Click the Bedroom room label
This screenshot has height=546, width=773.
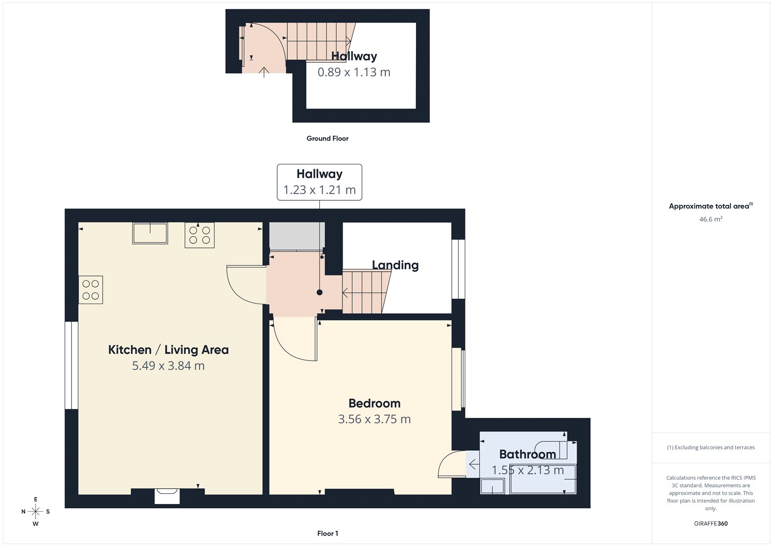pyautogui.click(x=374, y=403)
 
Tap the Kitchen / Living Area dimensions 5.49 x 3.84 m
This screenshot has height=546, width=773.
pyautogui.click(x=168, y=366)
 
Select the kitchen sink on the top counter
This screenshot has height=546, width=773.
pyautogui.click(x=150, y=233)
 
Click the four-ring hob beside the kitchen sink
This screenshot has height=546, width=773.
pyautogui.click(x=200, y=235)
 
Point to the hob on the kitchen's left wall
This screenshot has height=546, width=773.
pyautogui.click(x=91, y=290)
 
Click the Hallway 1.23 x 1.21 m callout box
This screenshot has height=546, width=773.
pyautogui.click(x=319, y=182)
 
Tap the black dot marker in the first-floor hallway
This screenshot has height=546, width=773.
pyautogui.click(x=319, y=292)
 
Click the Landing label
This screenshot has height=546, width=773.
pyautogui.click(x=395, y=265)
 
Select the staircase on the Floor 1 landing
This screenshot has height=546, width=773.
pyautogui.click(x=365, y=292)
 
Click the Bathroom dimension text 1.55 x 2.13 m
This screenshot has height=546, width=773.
pyautogui.click(x=528, y=470)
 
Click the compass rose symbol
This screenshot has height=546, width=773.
pyautogui.click(x=35, y=511)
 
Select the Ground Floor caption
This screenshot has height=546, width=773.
pyautogui.click(x=327, y=139)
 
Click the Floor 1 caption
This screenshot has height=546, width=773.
pyautogui.click(x=328, y=533)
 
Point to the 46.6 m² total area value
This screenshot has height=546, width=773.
pyautogui.click(x=711, y=219)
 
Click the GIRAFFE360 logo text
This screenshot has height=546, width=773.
pyautogui.click(x=710, y=523)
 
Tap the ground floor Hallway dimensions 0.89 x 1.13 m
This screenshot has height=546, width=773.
pyautogui.click(x=354, y=72)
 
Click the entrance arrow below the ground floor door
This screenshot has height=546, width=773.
pyautogui.click(x=264, y=72)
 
